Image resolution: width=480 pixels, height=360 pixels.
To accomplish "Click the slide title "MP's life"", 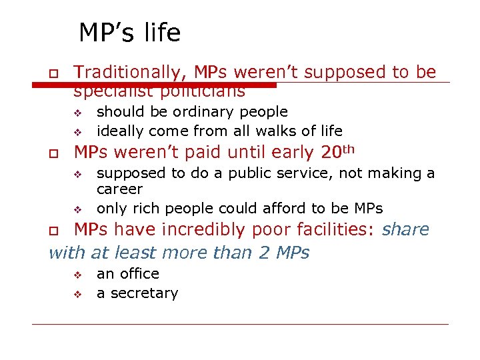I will (129, 33).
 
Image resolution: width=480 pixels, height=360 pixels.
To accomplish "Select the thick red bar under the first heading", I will (153, 85).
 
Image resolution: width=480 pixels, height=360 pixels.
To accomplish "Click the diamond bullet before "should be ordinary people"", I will (77, 112).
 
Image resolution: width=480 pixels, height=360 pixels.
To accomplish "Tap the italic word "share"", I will (406, 230).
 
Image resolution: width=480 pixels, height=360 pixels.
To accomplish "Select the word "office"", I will (139, 274).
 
